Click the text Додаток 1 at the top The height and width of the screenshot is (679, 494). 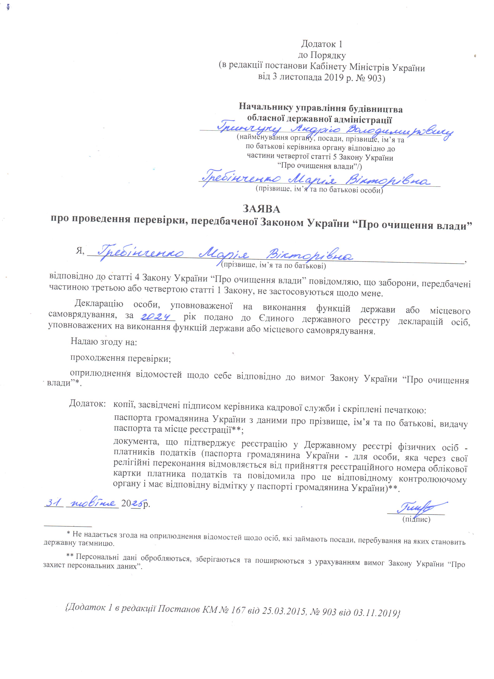(x=321, y=44)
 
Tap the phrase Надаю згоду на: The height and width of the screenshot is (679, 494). (x=104, y=342)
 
